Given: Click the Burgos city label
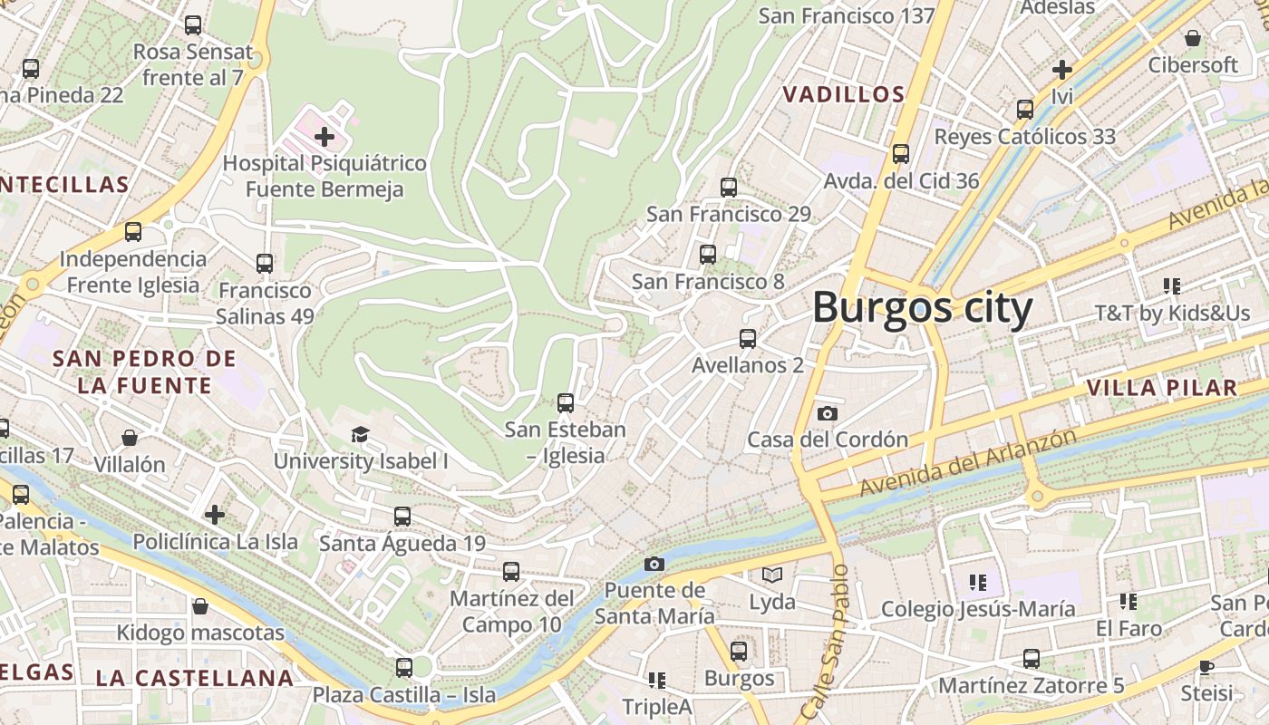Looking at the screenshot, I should tap(922, 308).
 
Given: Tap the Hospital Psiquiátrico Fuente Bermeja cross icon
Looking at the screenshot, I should tap(324, 138).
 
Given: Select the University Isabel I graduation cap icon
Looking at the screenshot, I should tap(360, 435).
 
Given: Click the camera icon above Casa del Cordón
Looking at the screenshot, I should tap(827, 414).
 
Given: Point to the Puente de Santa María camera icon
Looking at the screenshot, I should tap(654, 565).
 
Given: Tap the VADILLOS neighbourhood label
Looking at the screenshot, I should tap(843, 94).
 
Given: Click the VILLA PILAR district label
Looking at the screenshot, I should tap(1161, 389).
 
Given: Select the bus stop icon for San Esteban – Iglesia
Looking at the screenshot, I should tap(566, 403).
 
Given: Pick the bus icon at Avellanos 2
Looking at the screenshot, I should tap(747, 339).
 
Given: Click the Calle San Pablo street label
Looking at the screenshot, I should tap(824, 643).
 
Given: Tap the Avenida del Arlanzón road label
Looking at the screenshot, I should tap(967, 462).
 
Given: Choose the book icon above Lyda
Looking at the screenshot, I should tap(771, 575).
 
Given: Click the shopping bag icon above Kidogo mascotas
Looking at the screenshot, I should tap(200, 606).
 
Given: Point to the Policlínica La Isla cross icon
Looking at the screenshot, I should tap(215, 516).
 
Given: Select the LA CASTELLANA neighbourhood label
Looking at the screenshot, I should tap(195, 678).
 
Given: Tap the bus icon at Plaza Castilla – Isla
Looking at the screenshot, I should tap(404, 668).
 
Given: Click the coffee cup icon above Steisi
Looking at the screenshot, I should tap(1206, 668).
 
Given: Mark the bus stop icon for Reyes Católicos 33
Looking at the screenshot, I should tap(1024, 110).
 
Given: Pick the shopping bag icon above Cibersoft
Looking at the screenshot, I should tap(1193, 38).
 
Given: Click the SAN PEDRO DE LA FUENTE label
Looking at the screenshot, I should tap(144, 372).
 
